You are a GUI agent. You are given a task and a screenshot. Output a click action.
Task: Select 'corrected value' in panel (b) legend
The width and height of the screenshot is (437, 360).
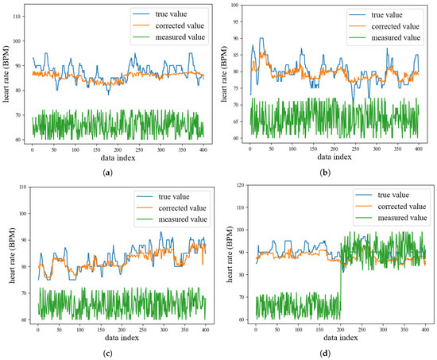(397, 26)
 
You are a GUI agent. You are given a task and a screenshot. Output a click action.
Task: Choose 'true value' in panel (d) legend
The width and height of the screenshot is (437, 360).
(395, 194)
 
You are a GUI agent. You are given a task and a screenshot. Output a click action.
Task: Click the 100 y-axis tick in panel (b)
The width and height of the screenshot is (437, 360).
(235, 6)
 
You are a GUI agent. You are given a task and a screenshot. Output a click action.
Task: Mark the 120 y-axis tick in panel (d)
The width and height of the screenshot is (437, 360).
(235, 188)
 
